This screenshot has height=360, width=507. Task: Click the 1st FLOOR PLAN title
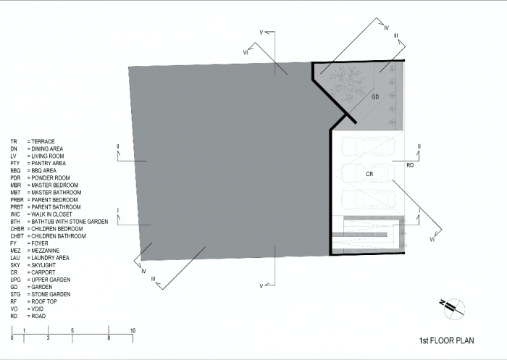coord(447,340)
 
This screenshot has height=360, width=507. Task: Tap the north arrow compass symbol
coord(453,308)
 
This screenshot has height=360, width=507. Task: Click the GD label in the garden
coord(375,97)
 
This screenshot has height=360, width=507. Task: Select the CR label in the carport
coord(369,174)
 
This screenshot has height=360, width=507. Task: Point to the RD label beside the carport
coord(410,165)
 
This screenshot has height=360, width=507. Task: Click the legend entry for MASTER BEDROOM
coord(44,185)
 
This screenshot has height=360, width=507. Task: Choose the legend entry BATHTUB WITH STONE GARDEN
coord(59,222)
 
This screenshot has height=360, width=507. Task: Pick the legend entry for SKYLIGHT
coord(33,265)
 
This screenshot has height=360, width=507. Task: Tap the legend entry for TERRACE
coord(33,142)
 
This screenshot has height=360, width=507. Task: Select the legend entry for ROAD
coord(28,316)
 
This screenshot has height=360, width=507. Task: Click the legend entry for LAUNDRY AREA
coord(40,258)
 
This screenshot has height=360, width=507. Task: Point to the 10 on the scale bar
coord(133,330)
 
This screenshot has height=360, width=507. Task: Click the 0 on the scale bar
coord(12,338)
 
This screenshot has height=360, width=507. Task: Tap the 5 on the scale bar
coord(72,330)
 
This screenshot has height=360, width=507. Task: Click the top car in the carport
coord(368,146)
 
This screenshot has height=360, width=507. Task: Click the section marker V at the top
coord(261,33)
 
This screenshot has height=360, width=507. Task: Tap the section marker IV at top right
coord(386,28)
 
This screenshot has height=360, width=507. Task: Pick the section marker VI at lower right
coord(432,240)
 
